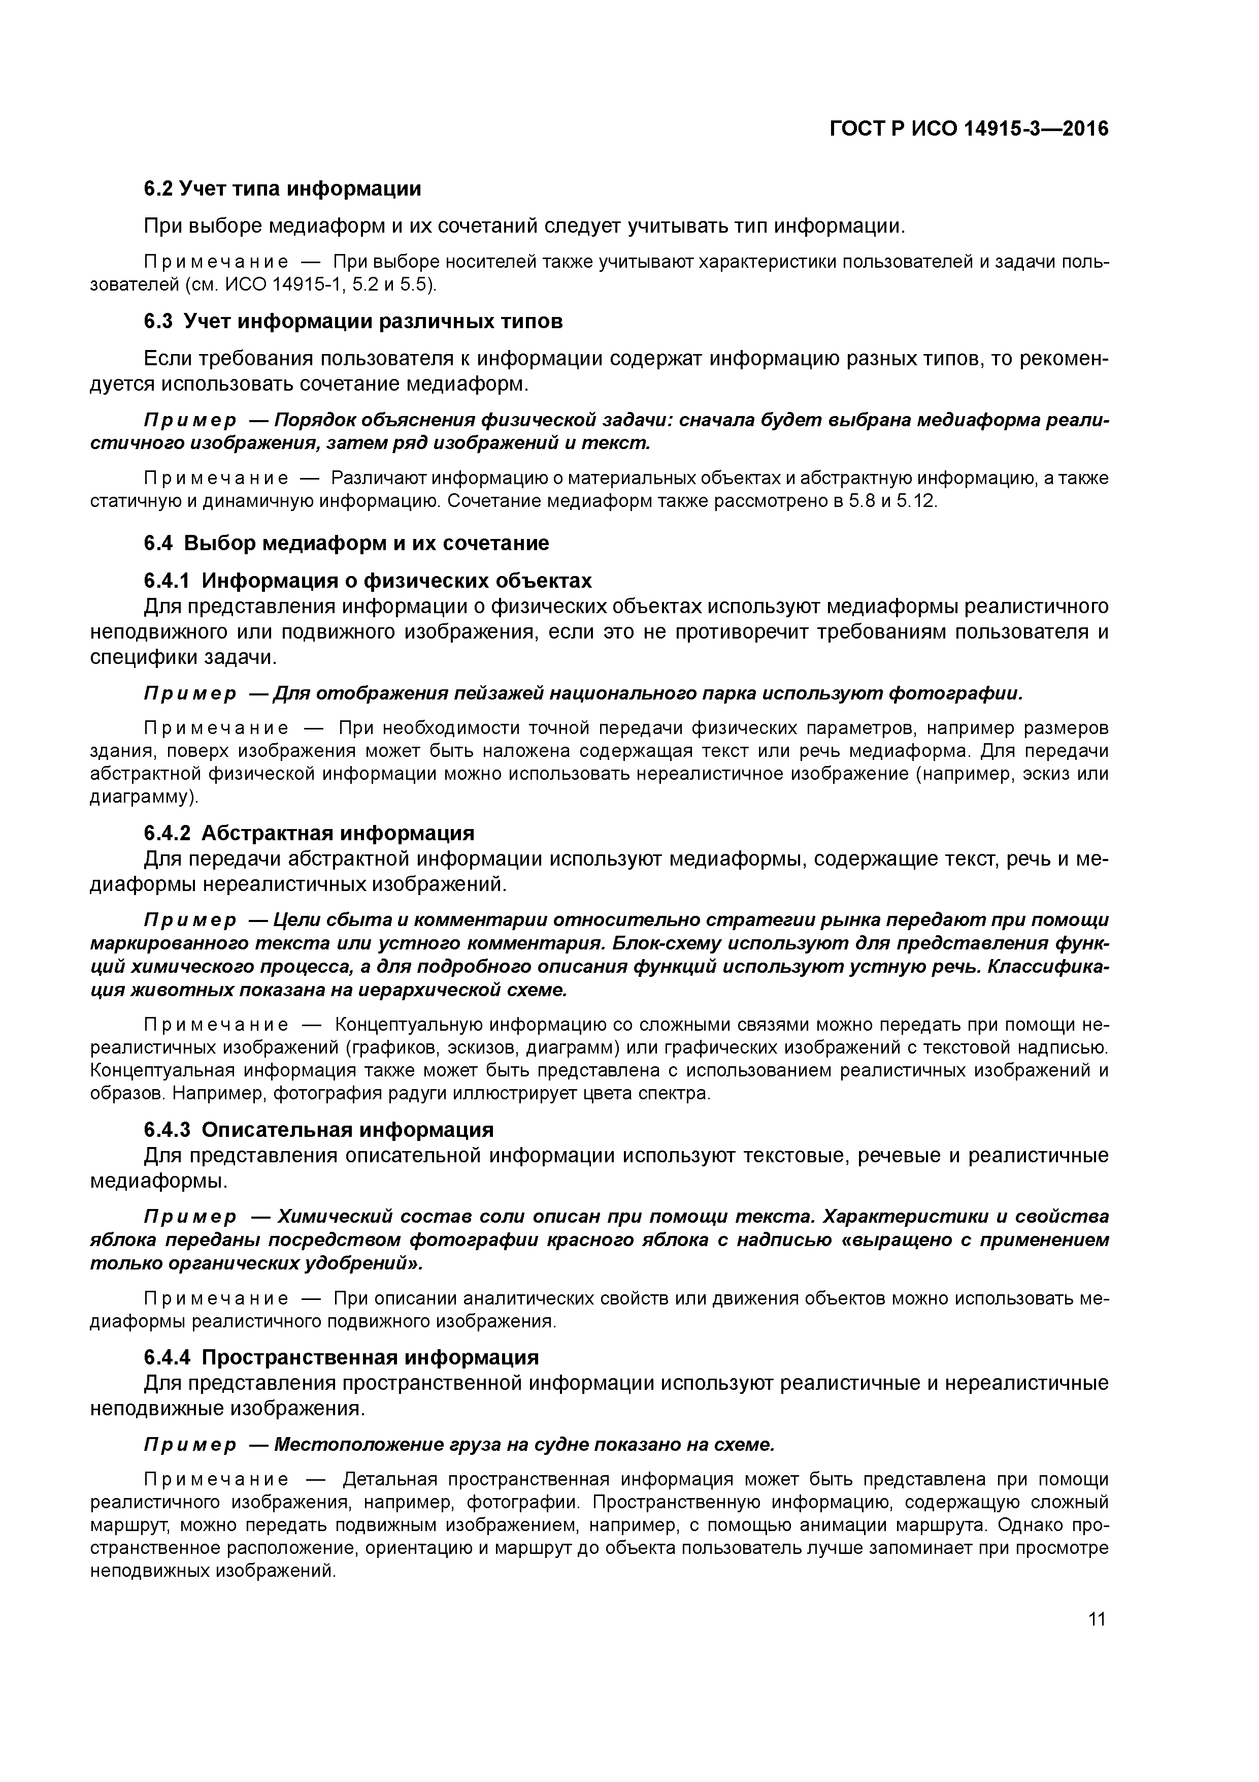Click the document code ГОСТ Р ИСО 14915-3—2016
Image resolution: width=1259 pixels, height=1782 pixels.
coord(969,129)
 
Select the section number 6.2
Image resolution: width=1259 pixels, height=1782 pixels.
coord(158,188)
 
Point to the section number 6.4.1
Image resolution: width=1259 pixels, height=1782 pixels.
coord(167,581)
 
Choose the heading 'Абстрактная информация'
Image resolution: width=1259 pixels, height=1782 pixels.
coord(338,833)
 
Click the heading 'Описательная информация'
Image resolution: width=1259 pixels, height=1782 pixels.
coord(348,1129)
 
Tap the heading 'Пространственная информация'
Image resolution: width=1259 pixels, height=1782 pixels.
coord(370,1357)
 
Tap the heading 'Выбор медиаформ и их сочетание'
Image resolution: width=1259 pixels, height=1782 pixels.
coord(366,544)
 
